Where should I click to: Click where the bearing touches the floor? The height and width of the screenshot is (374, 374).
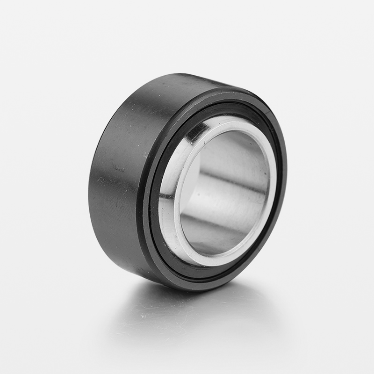[x=187, y=290]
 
